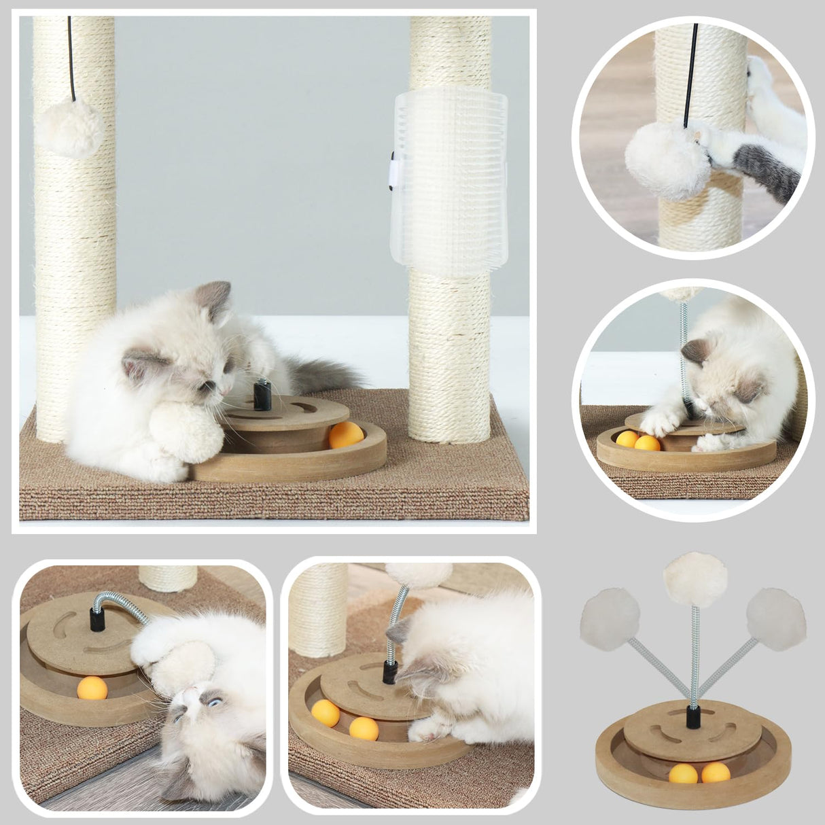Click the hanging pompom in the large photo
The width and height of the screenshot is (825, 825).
69,127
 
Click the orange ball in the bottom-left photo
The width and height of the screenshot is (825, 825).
92,688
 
